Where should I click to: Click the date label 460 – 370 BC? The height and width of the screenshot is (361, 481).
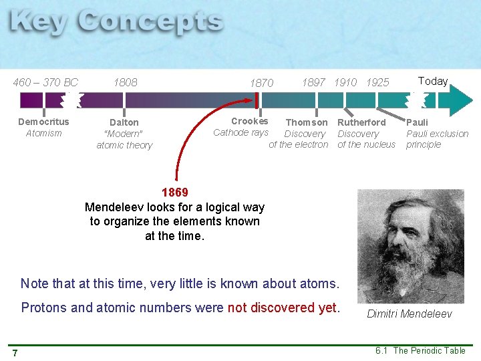(x=46, y=83)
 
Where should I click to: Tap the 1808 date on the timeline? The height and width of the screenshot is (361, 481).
(x=125, y=83)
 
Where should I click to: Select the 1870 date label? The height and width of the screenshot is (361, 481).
(x=261, y=84)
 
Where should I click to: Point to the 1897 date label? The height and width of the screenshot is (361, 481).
(x=313, y=82)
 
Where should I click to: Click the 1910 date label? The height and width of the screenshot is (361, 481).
(x=345, y=82)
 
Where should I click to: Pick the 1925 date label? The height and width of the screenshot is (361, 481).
(x=377, y=82)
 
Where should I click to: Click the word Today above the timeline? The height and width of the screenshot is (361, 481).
(x=433, y=82)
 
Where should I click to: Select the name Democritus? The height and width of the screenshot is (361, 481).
(x=43, y=122)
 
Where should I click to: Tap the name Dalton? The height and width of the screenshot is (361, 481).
(x=124, y=122)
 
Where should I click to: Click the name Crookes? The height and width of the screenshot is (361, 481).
(x=249, y=121)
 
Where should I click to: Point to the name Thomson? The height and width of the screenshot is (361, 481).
(x=307, y=122)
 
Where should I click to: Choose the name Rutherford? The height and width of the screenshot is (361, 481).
(x=361, y=122)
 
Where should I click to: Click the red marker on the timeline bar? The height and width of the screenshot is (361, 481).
(x=257, y=100)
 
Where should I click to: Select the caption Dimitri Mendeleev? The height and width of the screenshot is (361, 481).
(x=410, y=314)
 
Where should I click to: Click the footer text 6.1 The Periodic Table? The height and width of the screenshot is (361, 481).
(x=420, y=350)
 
